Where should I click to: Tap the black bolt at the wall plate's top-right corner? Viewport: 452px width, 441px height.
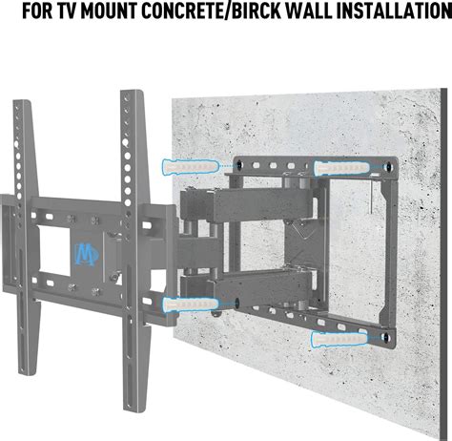click(x=389, y=164)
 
